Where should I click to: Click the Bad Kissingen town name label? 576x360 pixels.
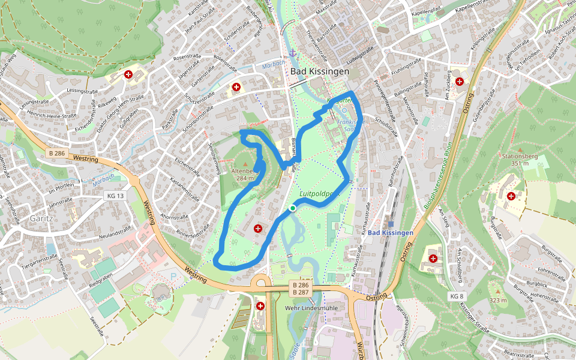coord(320,71)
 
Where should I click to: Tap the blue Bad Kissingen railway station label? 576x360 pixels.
coord(391,232)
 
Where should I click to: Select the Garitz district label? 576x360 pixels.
coord(42,219)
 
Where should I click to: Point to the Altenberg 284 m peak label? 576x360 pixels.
coord(245,174)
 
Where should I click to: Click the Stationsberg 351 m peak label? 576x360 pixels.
coord(520,160)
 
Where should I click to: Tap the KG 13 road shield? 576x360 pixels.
coord(115,196)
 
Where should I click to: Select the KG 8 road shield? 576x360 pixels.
coord(457,296)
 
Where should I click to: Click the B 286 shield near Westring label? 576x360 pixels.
coord(56,153)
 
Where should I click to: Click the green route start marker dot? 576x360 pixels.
coord(292,208)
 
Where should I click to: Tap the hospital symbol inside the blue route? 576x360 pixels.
coord(258,228)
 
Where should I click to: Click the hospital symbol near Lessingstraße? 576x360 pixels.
coord(128,74)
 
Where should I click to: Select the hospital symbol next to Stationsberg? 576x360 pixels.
coord(511,196)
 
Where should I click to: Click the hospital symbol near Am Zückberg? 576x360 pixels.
coord(460,81)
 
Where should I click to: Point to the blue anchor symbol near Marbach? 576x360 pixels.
coord(293,53)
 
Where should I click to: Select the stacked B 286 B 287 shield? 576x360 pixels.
coord(301,288)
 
